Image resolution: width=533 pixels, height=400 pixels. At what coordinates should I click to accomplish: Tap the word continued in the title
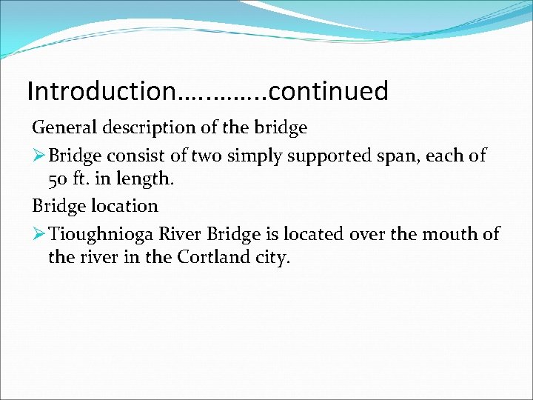(x=329, y=91)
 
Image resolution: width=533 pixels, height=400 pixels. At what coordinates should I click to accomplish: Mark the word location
(x=124, y=206)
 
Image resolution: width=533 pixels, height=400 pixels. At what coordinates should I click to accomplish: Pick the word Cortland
(x=204, y=258)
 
